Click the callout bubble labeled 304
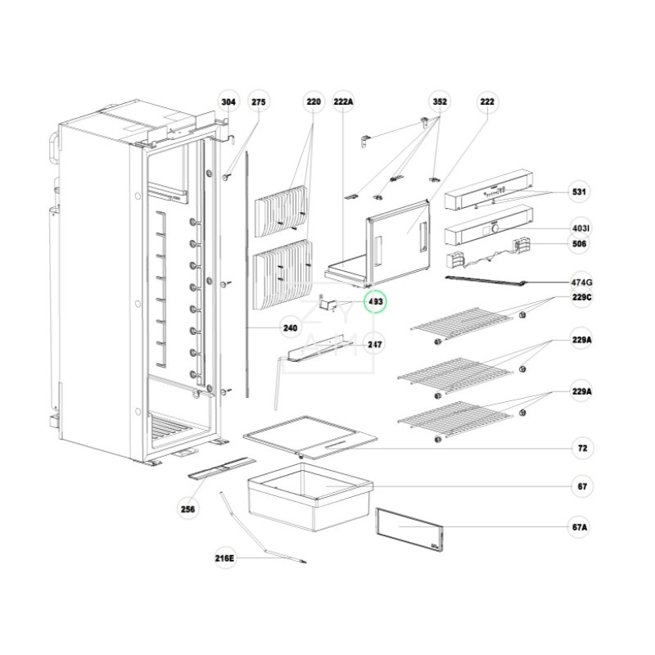[x=229, y=102]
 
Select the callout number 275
[x=259, y=102]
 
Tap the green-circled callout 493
[x=377, y=302]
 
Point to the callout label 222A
[x=344, y=102]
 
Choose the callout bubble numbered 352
[x=440, y=102]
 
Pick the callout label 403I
[x=580, y=228]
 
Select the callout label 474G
[x=580, y=282]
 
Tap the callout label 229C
[x=580, y=298]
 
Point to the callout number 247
[x=375, y=345]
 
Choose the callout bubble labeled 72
[x=580, y=449]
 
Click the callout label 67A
[x=580, y=527]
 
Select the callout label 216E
[x=224, y=559]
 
